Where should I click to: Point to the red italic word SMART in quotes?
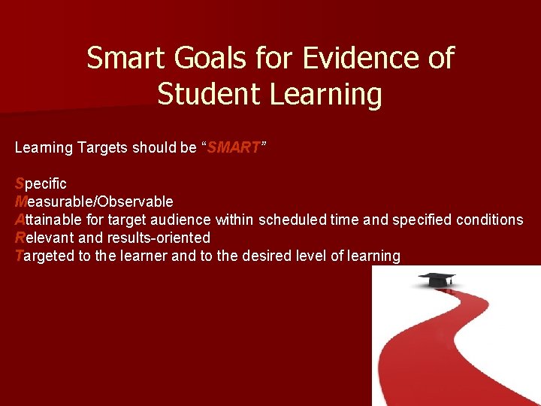(x=234, y=148)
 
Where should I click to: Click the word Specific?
(x=41, y=183)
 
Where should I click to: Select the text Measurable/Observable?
(x=94, y=201)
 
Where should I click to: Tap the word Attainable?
(x=47, y=220)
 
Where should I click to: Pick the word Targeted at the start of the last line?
(x=45, y=256)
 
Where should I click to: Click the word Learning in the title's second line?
(x=325, y=95)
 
